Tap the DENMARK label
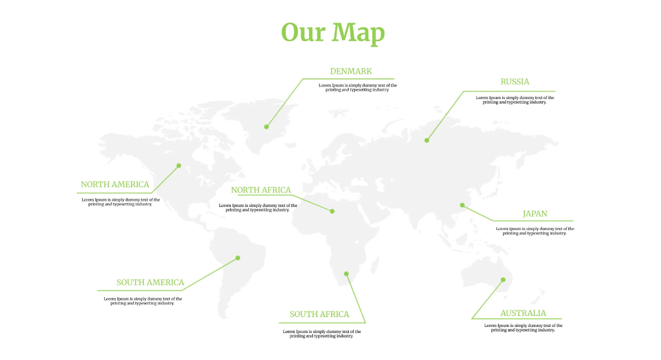tap(351, 71)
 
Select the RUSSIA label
tap(514, 81)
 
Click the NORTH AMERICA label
tap(115, 184)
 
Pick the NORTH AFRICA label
tap(261, 190)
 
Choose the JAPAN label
tap(534, 214)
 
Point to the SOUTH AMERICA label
tap(150, 282)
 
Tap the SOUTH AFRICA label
tap(319, 314)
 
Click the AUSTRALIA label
tap(523, 313)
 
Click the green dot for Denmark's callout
tap(267, 127)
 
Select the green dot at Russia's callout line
tap(426, 140)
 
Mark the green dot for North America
tap(178, 165)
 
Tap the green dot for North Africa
tap(332, 211)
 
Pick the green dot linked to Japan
tap(462, 205)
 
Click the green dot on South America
tap(237, 258)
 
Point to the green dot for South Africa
tap(346, 274)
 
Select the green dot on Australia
tap(503, 280)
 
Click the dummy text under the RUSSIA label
tap(514, 100)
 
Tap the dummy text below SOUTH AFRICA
tap(322, 334)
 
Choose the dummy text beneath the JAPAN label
tap(534, 231)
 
